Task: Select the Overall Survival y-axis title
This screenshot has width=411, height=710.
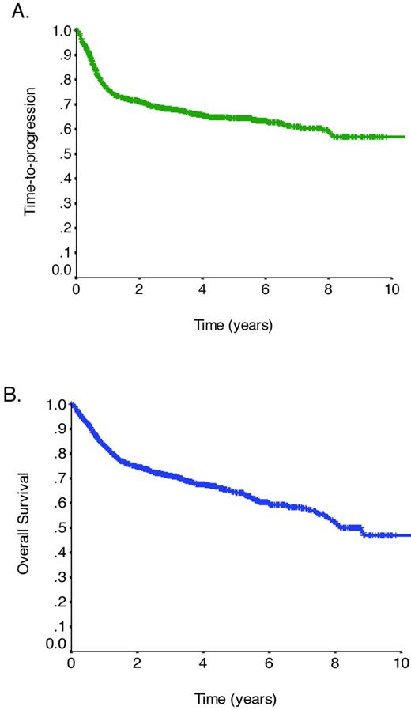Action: pos(28,525)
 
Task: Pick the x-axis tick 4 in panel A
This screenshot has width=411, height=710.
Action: pos(203,289)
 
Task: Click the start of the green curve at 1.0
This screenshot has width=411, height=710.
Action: pos(77,31)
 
